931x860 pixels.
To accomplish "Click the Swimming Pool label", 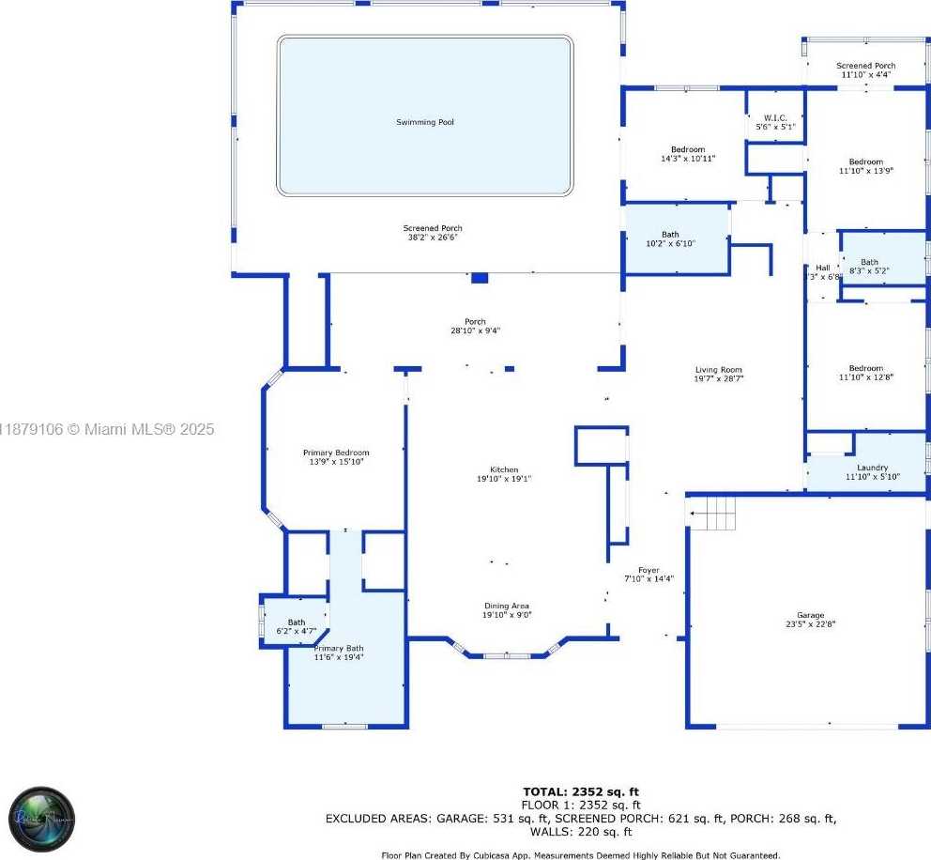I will [x=424, y=122].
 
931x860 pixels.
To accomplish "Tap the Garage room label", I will [x=804, y=615].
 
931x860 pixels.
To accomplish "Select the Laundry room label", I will [x=872, y=468].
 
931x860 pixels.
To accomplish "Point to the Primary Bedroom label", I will [x=335, y=453].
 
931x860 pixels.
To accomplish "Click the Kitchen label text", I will [x=504, y=469].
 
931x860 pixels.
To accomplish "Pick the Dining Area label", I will [x=507, y=606].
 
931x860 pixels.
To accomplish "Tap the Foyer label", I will [x=649, y=570].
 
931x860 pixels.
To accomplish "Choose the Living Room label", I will [x=718, y=370].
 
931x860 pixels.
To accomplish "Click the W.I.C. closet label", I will [x=775, y=118].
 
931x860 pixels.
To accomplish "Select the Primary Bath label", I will [x=339, y=648].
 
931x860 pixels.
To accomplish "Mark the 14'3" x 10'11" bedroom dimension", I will [x=687, y=159].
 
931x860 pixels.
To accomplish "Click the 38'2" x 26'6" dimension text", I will [x=433, y=238].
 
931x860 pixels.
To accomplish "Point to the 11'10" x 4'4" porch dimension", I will [x=865, y=74].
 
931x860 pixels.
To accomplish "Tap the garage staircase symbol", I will [x=712, y=514].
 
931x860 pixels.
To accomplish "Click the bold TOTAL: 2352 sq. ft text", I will [x=580, y=791].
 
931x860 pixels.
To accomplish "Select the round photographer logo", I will [x=43, y=819].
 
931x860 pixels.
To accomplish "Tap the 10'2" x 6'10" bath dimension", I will [x=669, y=244].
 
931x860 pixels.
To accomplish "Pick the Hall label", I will [x=822, y=268].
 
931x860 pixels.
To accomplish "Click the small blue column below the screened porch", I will [x=480, y=278].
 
